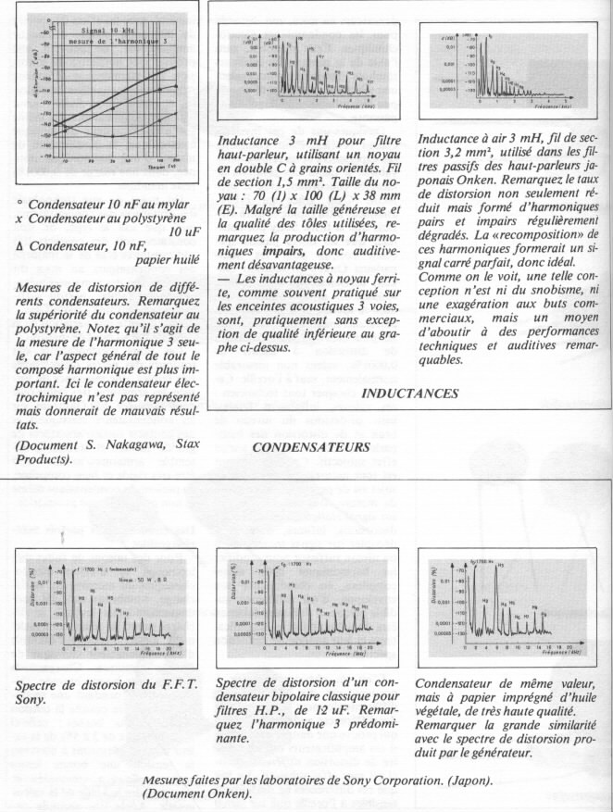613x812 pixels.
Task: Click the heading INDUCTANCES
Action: (x=408, y=393)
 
